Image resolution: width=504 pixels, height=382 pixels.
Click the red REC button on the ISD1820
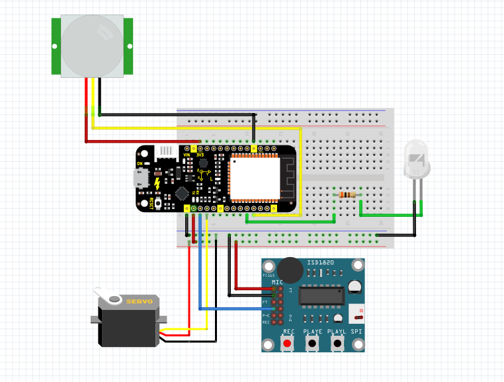coord(287,343)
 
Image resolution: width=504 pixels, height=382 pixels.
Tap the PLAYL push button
coord(337,343)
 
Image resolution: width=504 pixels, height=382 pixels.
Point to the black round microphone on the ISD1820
coord(288,269)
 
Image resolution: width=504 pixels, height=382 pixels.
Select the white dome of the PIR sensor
coord(93,45)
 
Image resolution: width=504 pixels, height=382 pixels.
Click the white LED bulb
coord(417,162)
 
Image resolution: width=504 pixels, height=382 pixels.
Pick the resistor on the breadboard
coord(347,194)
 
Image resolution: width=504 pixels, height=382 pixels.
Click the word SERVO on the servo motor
coord(139,302)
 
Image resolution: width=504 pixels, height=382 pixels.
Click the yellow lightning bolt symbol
coord(157,183)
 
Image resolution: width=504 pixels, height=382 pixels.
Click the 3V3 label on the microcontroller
coord(199,155)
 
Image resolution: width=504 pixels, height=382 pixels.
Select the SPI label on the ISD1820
coord(357,331)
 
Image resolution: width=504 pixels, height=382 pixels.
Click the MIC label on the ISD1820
coord(277,282)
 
